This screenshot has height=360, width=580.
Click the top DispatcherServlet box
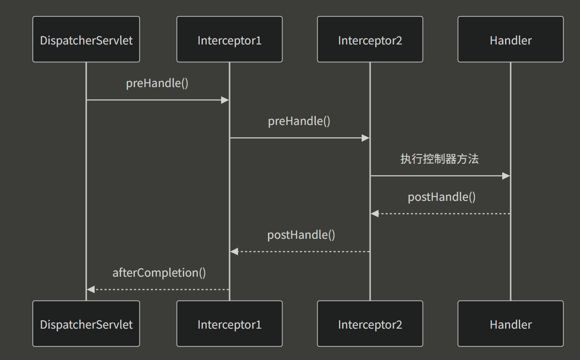tap(86, 40)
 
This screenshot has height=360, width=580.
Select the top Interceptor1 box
tap(229, 40)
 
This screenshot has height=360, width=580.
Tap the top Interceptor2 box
tap(370, 40)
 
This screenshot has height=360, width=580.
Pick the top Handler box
tap(510, 40)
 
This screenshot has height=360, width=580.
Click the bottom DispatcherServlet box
tap(86, 324)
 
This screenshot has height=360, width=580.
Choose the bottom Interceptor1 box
tap(229, 324)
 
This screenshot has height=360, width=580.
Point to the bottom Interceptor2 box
tap(370, 324)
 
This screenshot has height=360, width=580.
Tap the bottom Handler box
tap(510, 324)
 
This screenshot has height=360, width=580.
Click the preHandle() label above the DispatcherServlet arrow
tap(157, 84)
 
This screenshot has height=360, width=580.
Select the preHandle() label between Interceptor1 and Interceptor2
tap(299, 121)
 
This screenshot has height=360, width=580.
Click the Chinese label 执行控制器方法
tap(439, 159)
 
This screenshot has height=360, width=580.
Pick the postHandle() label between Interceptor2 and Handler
tap(442, 197)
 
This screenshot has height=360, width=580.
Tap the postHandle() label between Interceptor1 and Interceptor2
tap(301, 235)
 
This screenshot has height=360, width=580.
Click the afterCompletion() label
tap(159, 273)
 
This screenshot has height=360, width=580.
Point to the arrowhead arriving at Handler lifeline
tap(506, 176)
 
